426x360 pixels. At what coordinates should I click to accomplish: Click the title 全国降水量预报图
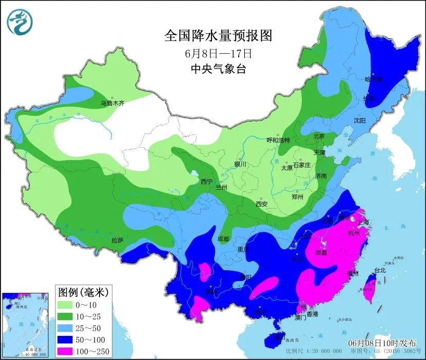218,36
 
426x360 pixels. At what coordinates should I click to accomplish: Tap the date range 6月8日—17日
218,53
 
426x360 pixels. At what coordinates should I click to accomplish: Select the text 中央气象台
218,69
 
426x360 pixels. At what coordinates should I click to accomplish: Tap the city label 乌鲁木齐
112,103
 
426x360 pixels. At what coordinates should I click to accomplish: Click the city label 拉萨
117,240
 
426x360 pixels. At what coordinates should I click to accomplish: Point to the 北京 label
319,136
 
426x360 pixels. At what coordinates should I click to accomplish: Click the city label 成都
223,238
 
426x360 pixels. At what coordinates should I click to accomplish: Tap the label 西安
261,204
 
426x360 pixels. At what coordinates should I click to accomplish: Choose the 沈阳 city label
359,121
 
